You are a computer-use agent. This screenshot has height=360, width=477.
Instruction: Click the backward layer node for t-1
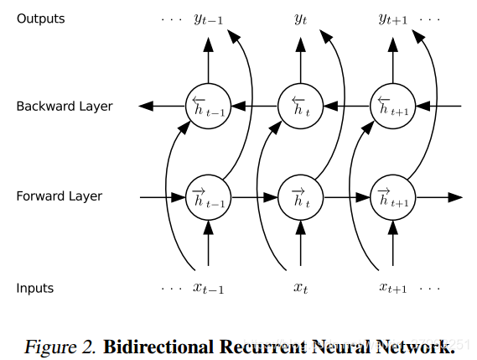(207, 106)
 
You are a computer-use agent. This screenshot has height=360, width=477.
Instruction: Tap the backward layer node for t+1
(392, 106)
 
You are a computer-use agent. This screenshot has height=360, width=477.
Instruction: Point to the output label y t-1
(208, 19)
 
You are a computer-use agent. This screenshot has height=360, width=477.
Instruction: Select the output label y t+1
(392, 19)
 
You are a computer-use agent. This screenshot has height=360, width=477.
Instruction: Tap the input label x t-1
(208, 289)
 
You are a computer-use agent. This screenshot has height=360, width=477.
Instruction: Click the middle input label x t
(301, 289)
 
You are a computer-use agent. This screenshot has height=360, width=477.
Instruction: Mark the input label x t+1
(392, 289)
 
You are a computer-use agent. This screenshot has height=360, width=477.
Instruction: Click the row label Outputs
(40, 18)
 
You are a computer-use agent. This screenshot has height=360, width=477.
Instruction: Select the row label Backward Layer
(65, 107)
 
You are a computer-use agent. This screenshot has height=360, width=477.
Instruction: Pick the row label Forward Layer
(60, 196)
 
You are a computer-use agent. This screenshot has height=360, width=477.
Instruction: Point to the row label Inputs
(35, 288)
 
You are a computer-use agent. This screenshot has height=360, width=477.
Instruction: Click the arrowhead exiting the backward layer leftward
(146, 106)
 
